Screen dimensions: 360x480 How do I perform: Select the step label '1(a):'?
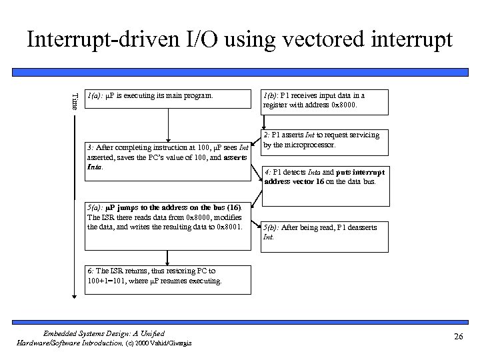95,96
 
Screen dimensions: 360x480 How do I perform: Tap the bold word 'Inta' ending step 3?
95,167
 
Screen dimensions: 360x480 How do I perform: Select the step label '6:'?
91,271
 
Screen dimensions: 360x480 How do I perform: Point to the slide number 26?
457,337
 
